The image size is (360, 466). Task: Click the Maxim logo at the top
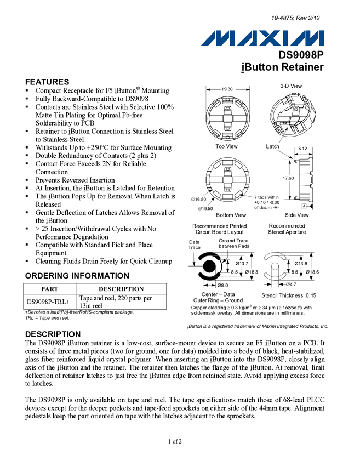[263, 38]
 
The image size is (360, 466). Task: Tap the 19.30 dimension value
[227, 89]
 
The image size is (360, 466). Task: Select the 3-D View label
[291, 86]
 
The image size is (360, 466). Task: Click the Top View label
[226, 146]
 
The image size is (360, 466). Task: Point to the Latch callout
[272, 146]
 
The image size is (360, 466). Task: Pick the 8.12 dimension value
[303, 149]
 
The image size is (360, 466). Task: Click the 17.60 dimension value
[288, 178]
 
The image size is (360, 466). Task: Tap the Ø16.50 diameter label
[198, 199]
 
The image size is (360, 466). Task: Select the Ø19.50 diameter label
[205, 208]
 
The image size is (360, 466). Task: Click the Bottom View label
[231, 215]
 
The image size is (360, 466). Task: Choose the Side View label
[296, 215]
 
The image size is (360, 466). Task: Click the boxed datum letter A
[304, 206]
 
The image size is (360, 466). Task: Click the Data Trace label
[195, 245]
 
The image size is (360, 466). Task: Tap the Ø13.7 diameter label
[242, 264]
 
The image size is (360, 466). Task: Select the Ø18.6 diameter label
[313, 272]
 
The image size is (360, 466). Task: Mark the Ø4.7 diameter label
[291, 285]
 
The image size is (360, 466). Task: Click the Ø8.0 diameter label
[222, 285]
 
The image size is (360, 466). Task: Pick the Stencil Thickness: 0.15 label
[289, 296]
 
